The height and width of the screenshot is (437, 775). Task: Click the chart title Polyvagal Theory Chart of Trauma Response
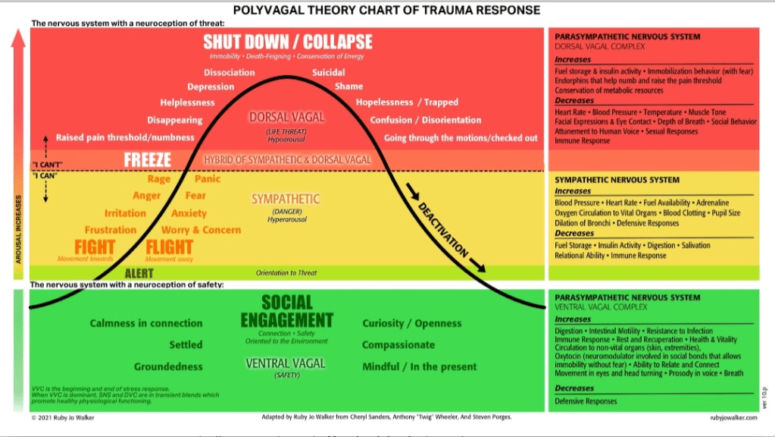pos(386,10)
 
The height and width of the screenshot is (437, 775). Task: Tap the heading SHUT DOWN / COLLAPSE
pos(287,41)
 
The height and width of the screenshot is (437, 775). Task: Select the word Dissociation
pos(229,73)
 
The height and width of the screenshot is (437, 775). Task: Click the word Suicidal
pos(329,73)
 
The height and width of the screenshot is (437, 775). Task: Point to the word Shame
pos(348,86)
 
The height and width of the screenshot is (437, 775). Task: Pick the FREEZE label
pos(147,160)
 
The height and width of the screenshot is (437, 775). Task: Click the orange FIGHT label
pos(95,247)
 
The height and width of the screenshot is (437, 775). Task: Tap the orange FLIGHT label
pos(169,247)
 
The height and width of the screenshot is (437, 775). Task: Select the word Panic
pos(208,179)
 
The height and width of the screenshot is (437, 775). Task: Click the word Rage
pos(159,179)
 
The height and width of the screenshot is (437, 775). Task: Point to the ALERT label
pos(139,273)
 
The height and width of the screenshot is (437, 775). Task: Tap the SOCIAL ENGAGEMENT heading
pos(286,312)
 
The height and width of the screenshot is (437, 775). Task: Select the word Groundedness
pos(168,366)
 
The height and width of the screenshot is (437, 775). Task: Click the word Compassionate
pos(398,345)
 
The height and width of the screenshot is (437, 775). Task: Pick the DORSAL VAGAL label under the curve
pos(286,118)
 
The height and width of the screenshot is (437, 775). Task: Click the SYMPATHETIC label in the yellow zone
pos(286,199)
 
